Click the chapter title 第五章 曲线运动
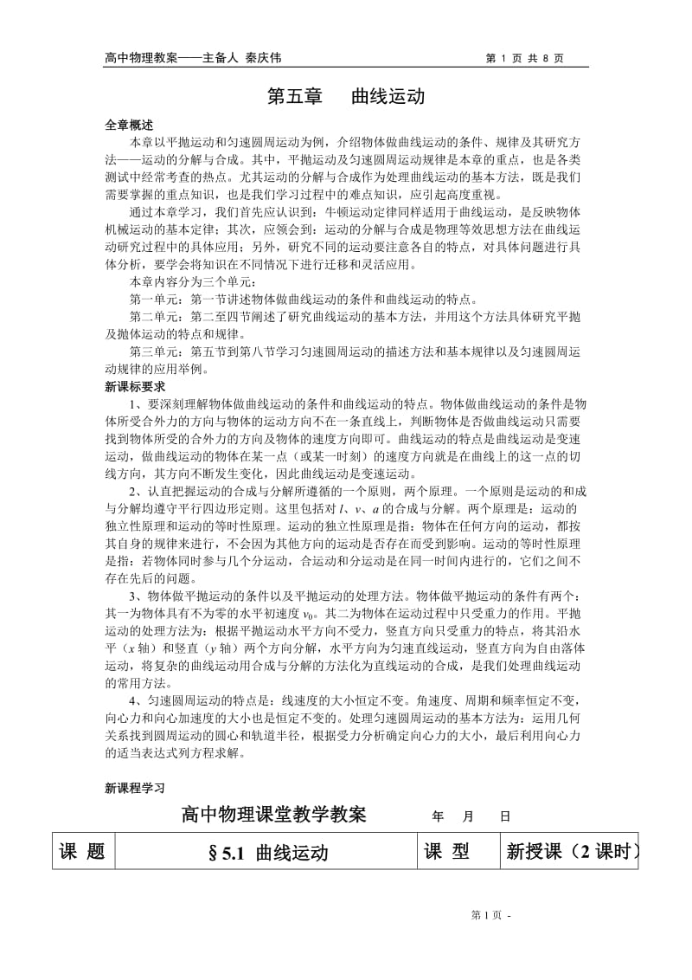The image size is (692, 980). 345,95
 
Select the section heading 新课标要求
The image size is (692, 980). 134,386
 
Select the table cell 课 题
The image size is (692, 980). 82,852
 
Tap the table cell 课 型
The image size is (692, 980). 447,852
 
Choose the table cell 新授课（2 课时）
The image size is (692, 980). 572,853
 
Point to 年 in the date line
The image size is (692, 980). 438,816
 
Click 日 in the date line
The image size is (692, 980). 504,816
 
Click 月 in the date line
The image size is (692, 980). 470,816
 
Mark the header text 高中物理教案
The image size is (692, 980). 140,58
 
